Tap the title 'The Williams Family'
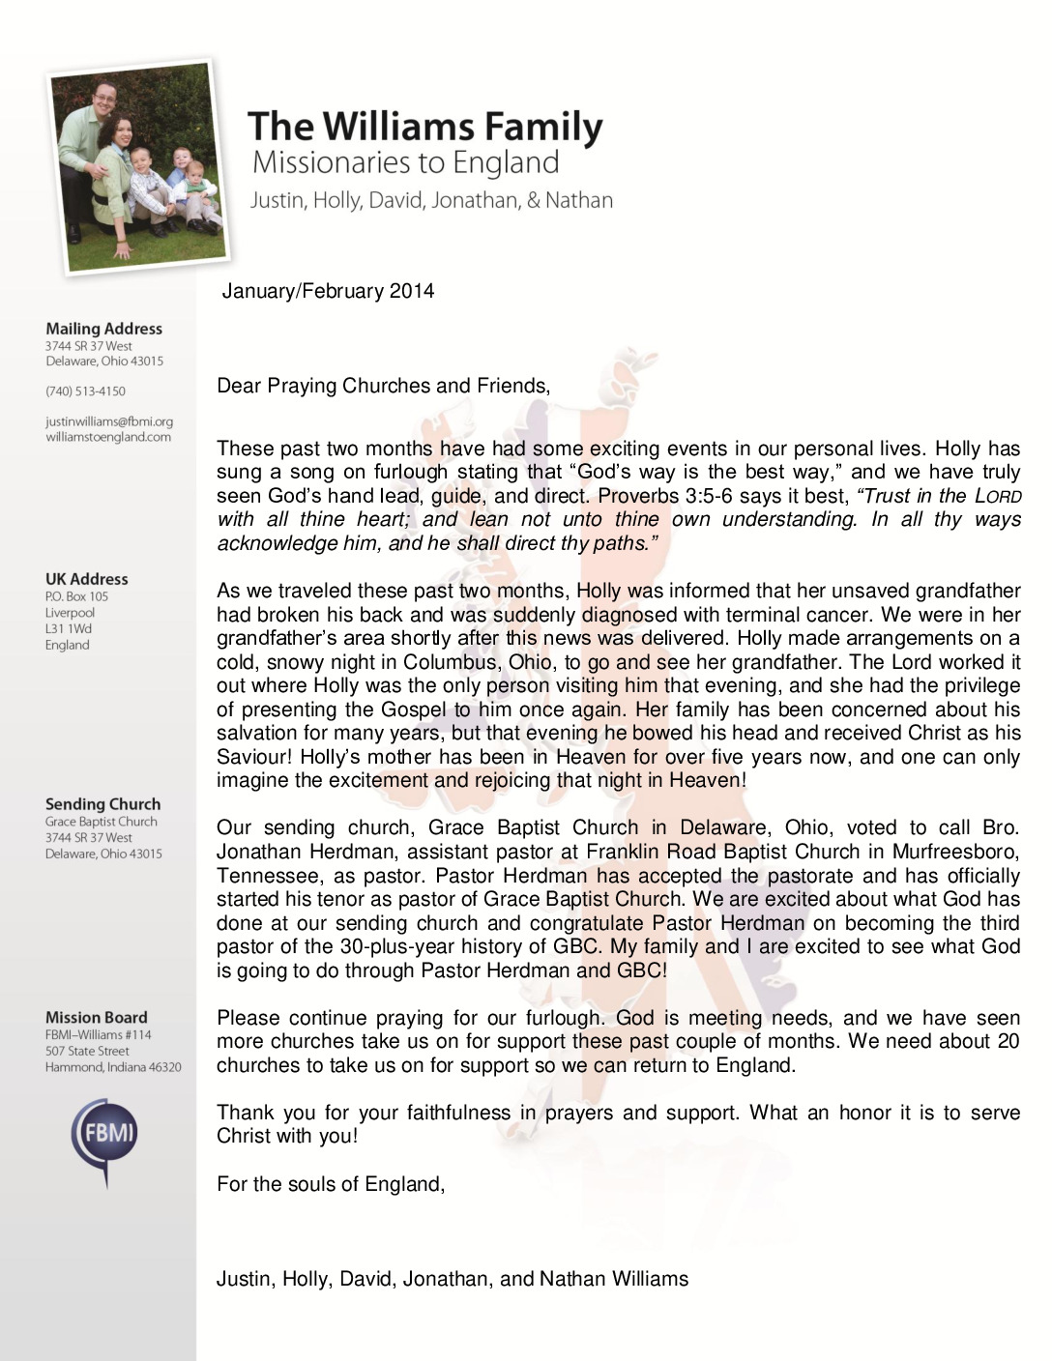[424, 127]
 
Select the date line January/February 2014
[328, 291]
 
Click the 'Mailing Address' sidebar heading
[103, 329]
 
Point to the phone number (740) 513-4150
[85, 391]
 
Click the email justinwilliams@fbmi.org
[108, 421]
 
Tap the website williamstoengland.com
[107, 437]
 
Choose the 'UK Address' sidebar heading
[86, 579]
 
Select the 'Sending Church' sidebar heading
[102, 804]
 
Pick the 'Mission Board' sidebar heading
[96, 1017]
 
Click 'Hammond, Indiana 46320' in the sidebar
[112, 1067]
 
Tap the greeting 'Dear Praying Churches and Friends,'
[383, 387]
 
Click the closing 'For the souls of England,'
[331, 1184]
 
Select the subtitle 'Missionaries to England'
[405, 162]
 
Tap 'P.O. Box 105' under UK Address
[76, 596]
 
